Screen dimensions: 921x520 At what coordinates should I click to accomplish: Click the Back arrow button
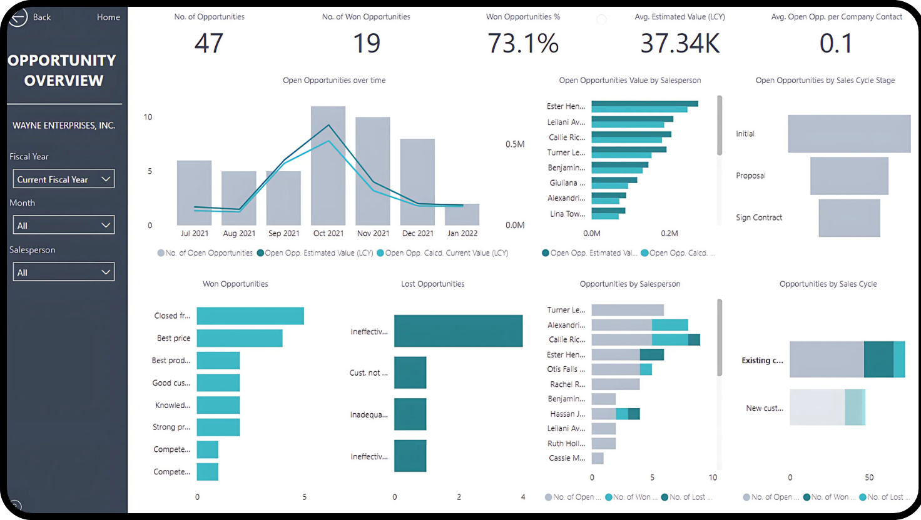tap(18, 17)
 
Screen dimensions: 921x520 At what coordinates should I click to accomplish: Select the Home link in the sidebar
tap(108, 17)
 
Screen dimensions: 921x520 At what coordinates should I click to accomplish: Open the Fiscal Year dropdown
tap(64, 179)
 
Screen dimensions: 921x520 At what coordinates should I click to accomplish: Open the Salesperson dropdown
tap(64, 272)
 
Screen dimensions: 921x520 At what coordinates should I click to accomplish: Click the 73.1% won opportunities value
tap(523, 43)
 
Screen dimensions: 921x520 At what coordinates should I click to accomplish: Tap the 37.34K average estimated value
tap(680, 43)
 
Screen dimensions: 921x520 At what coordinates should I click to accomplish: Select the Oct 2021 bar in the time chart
tap(328, 166)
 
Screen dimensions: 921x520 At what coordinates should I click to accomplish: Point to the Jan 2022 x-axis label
tap(462, 233)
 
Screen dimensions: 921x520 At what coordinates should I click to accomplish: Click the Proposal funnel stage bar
tap(849, 176)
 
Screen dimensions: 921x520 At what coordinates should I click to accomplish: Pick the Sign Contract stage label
tap(759, 217)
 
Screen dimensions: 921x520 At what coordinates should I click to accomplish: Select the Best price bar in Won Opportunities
tap(239, 338)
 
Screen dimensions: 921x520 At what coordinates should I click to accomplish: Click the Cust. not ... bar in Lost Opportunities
tap(410, 372)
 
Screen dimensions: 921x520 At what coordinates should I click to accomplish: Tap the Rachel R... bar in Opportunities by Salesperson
tap(616, 384)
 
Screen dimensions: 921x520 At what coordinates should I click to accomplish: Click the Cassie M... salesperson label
tap(567, 458)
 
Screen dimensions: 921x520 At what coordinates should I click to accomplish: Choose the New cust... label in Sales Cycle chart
tap(765, 408)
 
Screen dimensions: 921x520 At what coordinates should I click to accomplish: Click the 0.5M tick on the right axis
tap(515, 144)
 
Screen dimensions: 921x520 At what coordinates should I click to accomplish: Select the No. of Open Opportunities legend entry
tap(205, 253)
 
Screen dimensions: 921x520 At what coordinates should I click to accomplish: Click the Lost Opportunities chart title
tap(432, 284)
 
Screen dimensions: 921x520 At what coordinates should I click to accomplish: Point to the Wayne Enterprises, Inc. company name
tap(64, 125)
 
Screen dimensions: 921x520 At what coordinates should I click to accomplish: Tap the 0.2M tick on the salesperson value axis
tap(669, 233)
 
